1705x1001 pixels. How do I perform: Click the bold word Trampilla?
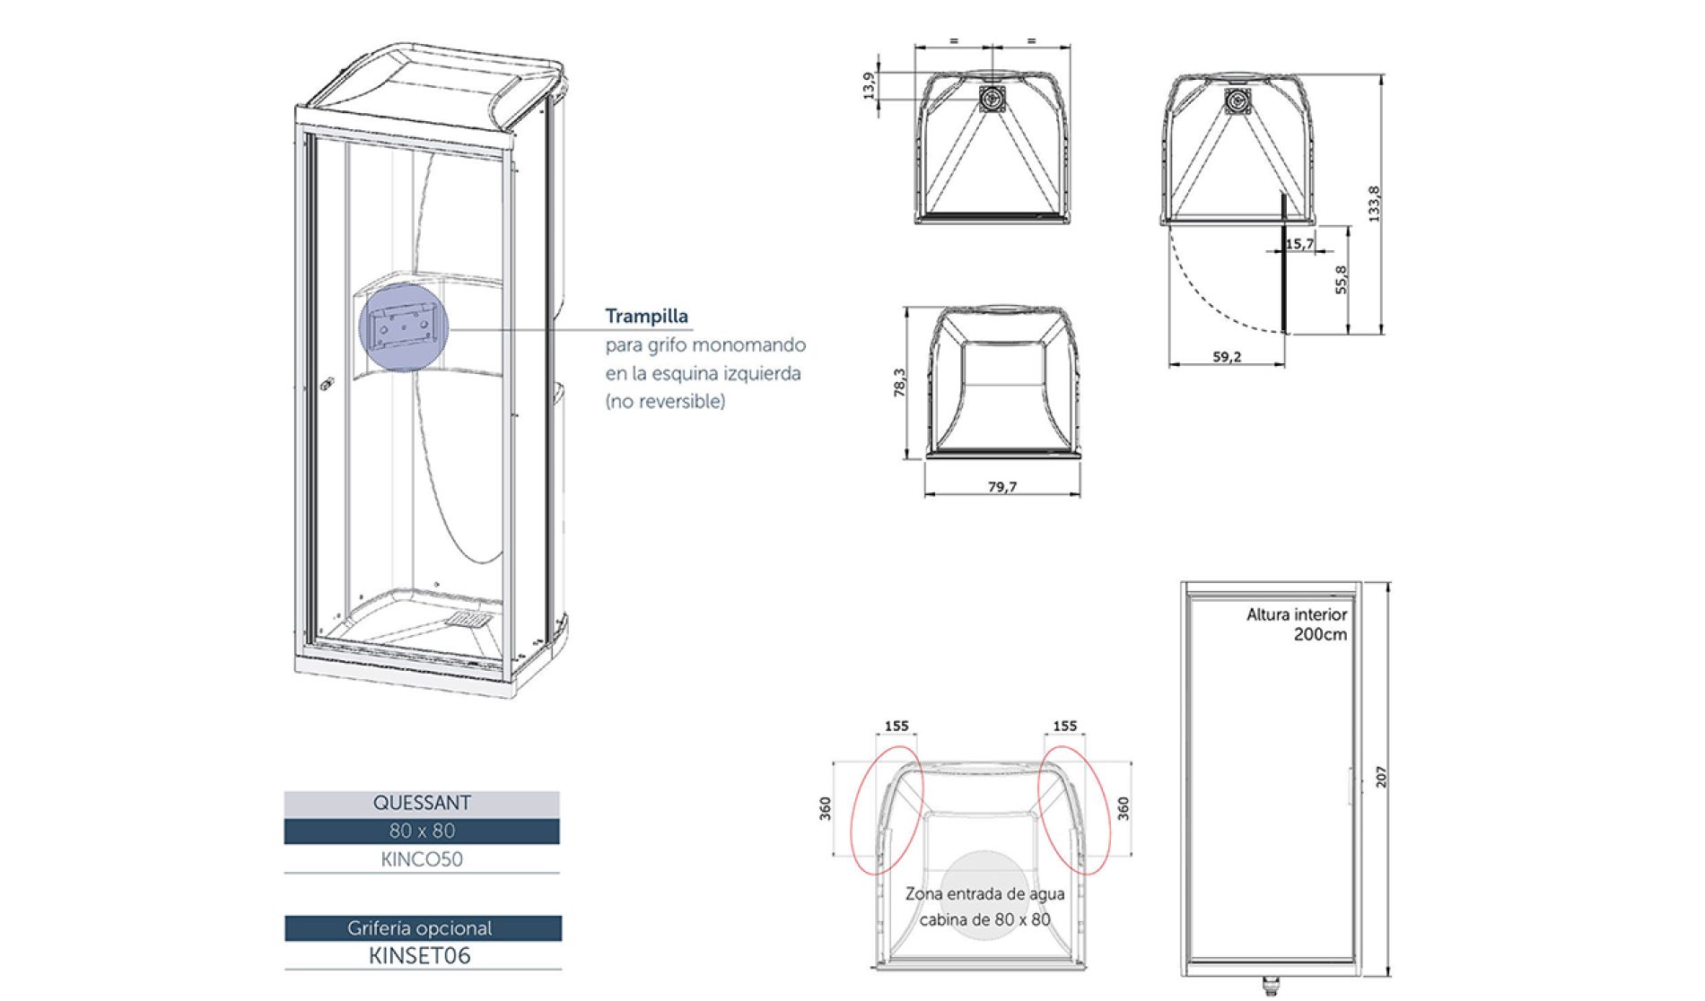click(646, 316)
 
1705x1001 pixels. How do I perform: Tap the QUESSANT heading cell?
click(422, 803)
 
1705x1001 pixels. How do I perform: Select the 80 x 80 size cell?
click(422, 831)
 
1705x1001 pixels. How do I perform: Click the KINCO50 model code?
click(422, 858)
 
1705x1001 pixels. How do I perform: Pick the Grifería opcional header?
click(422, 928)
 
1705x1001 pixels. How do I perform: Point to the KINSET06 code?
click(420, 955)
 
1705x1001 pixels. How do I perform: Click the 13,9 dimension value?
click(868, 87)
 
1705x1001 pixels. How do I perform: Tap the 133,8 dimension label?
click(1373, 204)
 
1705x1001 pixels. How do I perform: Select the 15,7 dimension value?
click(1299, 244)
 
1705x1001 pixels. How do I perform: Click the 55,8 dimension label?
click(1341, 280)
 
